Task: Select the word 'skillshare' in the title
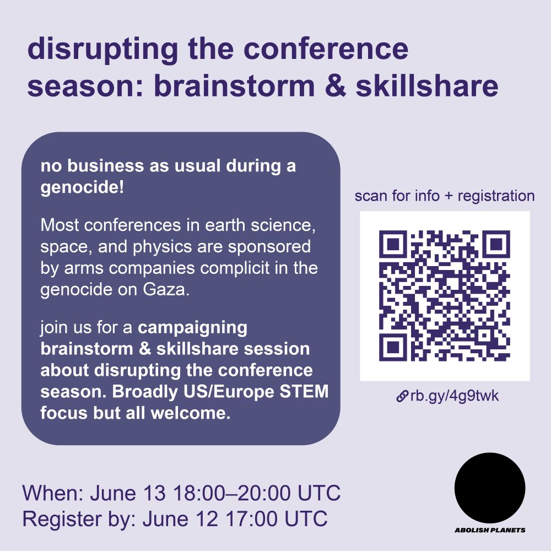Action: [427, 86]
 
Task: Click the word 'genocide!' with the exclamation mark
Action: [82, 187]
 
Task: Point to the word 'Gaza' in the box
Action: [166, 290]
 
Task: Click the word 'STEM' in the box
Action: [304, 391]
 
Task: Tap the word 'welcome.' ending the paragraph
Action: [191, 413]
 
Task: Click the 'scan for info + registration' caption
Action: [445, 196]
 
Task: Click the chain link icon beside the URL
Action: [402, 396]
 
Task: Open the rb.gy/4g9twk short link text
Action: [455, 396]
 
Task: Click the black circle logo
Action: [490, 488]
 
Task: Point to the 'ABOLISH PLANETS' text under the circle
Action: [490, 530]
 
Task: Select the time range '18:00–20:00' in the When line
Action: [232, 493]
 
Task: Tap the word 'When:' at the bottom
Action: [53, 493]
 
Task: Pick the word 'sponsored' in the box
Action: [269, 247]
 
